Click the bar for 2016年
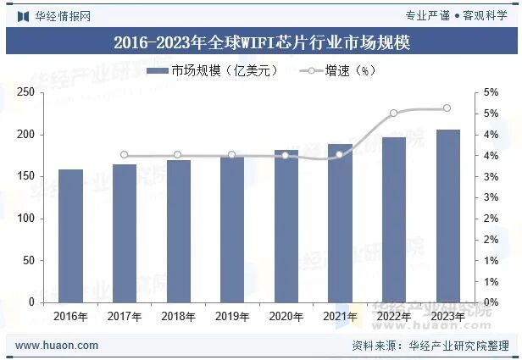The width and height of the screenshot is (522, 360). [x=70, y=235]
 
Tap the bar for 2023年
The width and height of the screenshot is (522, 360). [x=447, y=216]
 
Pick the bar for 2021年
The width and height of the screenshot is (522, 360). [x=340, y=223]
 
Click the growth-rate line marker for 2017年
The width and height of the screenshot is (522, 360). [x=124, y=155]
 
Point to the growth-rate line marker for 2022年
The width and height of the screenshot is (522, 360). [x=393, y=113]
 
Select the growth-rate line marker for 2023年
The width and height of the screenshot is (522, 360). [x=447, y=108]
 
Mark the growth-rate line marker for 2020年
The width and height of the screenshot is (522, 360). [x=286, y=155]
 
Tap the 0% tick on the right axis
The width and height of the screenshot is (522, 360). [x=490, y=302]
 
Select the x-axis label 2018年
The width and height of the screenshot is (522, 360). [x=178, y=317]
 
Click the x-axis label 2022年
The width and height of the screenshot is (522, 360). [x=393, y=317]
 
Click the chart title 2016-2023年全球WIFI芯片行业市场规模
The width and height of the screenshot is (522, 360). [x=261, y=42]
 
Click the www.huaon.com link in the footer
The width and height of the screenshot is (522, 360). [x=57, y=346]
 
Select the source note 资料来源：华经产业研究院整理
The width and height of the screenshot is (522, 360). [x=430, y=346]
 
